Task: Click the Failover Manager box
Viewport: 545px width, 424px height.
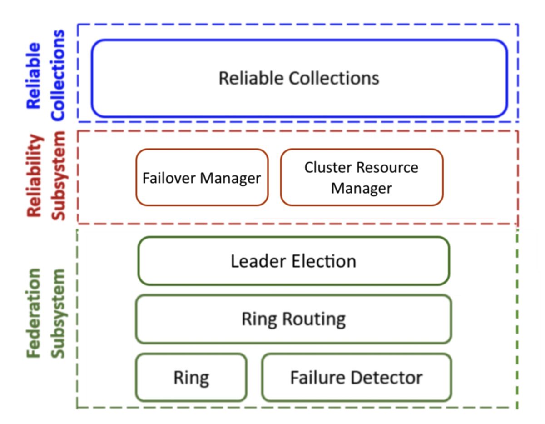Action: click(202, 178)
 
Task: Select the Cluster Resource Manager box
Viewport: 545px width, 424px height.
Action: click(362, 178)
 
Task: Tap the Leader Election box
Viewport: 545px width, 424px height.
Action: click(294, 261)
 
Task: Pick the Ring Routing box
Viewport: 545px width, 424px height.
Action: click(294, 319)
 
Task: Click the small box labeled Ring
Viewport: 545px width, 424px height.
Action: click(191, 377)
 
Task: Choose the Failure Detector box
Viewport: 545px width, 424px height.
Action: click(357, 377)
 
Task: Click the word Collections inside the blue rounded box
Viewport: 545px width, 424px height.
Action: click(334, 78)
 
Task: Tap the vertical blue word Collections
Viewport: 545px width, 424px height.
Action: click(58, 75)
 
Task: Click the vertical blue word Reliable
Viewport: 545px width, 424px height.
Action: click(33, 76)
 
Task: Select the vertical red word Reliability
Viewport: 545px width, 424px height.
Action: click(35, 176)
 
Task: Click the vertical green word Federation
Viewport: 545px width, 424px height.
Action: click(33, 313)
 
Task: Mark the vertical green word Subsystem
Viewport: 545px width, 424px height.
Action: click(58, 314)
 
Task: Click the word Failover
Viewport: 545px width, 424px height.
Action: click(169, 178)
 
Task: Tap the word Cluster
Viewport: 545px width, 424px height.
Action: click(326, 167)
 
